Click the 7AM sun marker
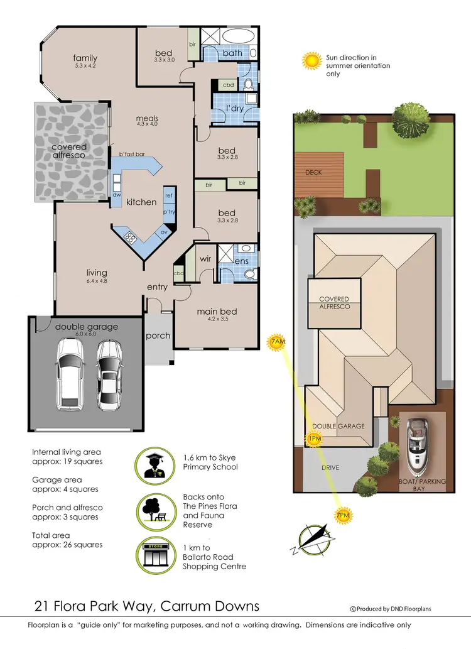pyautogui.click(x=277, y=342)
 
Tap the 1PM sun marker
pyautogui.click(x=314, y=439)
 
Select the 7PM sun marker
pyautogui.click(x=343, y=516)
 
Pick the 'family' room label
pyautogui.click(x=85, y=58)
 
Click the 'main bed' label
pyautogui.click(x=216, y=312)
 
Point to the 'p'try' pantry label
pyautogui.click(x=168, y=213)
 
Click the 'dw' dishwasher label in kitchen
pyautogui.click(x=116, y=195)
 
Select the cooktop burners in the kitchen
pyautogui.click(x=131, y=237)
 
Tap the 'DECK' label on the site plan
pyautogui.click(x=313, y=172)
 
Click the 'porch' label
pyautogui.click(x=158, y=335)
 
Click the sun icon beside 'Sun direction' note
pyautogui.click(x=311, y=60)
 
